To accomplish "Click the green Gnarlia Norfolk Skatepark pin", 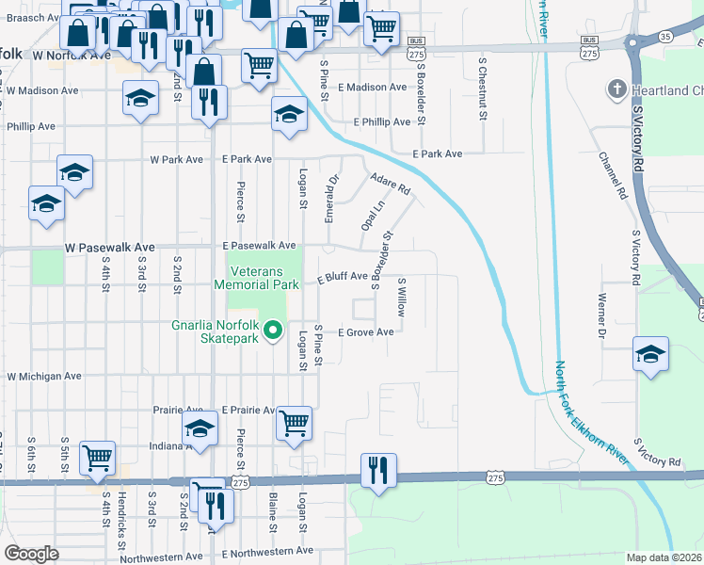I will pyautogui.click(x=274, y=331).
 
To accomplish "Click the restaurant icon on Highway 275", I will pyautogui.click(x=378, y=470).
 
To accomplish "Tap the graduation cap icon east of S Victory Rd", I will pyautogui.click(x=651, y=354).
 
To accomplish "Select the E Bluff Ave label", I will pyautogui.click(x=342, y=278).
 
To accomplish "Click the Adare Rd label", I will pyautogui.click(x=391, y=183).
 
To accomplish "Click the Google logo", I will pyautogui.click(x=31, y=553).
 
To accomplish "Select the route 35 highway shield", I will pyautogui.click(x=665, y=37).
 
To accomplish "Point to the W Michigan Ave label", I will pyautogui.click(x=44, y=376).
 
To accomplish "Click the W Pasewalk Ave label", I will pyautogui.click(x=109, y=247).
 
